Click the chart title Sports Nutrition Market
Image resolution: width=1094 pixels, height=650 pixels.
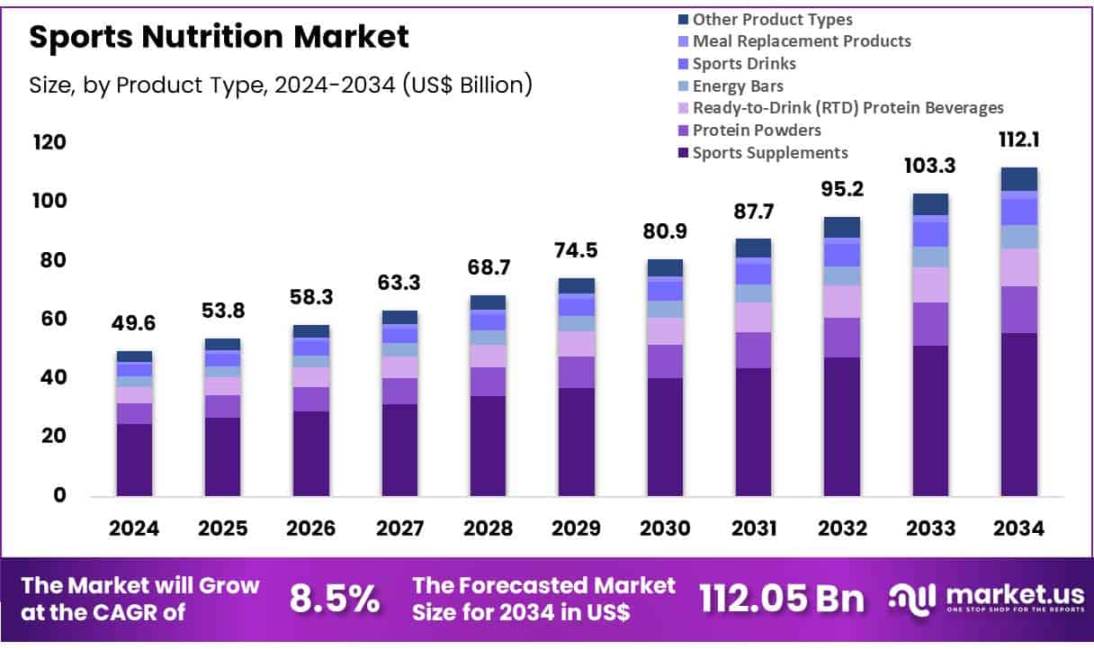(219, 36)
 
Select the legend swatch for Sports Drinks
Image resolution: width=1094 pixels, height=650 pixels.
(683, 64)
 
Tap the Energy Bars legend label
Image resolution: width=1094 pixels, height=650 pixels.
(738, 86)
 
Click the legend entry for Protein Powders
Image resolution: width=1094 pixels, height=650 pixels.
(744, 131)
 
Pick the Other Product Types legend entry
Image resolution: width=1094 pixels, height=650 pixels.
(772, 19)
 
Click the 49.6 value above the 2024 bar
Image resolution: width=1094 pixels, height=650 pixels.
(134, 322)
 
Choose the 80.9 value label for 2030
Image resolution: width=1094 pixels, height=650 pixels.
(664, 231)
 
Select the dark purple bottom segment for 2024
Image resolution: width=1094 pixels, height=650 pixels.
(134, 459)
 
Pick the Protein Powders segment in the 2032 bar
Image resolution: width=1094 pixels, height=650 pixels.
(841, 338)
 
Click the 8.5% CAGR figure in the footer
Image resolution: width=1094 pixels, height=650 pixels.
(334, 599)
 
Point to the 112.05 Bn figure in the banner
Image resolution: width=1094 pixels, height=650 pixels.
(782, 599)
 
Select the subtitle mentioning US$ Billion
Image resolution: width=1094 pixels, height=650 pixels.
(281, 85)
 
